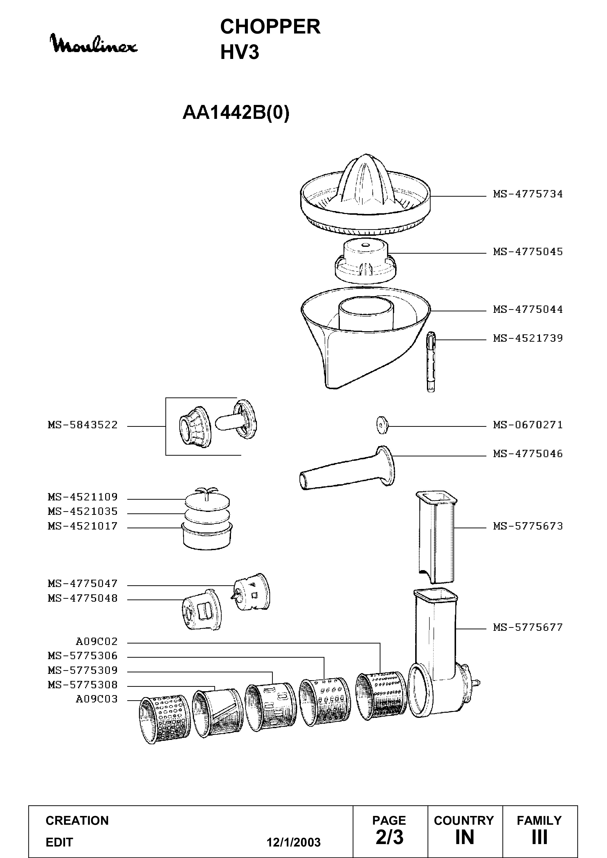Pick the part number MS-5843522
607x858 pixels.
coord(83,425)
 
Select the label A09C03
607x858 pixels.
coord(97,700)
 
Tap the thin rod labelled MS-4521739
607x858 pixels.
coord(431,362)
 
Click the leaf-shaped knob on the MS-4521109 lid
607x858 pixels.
coord(206,492)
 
